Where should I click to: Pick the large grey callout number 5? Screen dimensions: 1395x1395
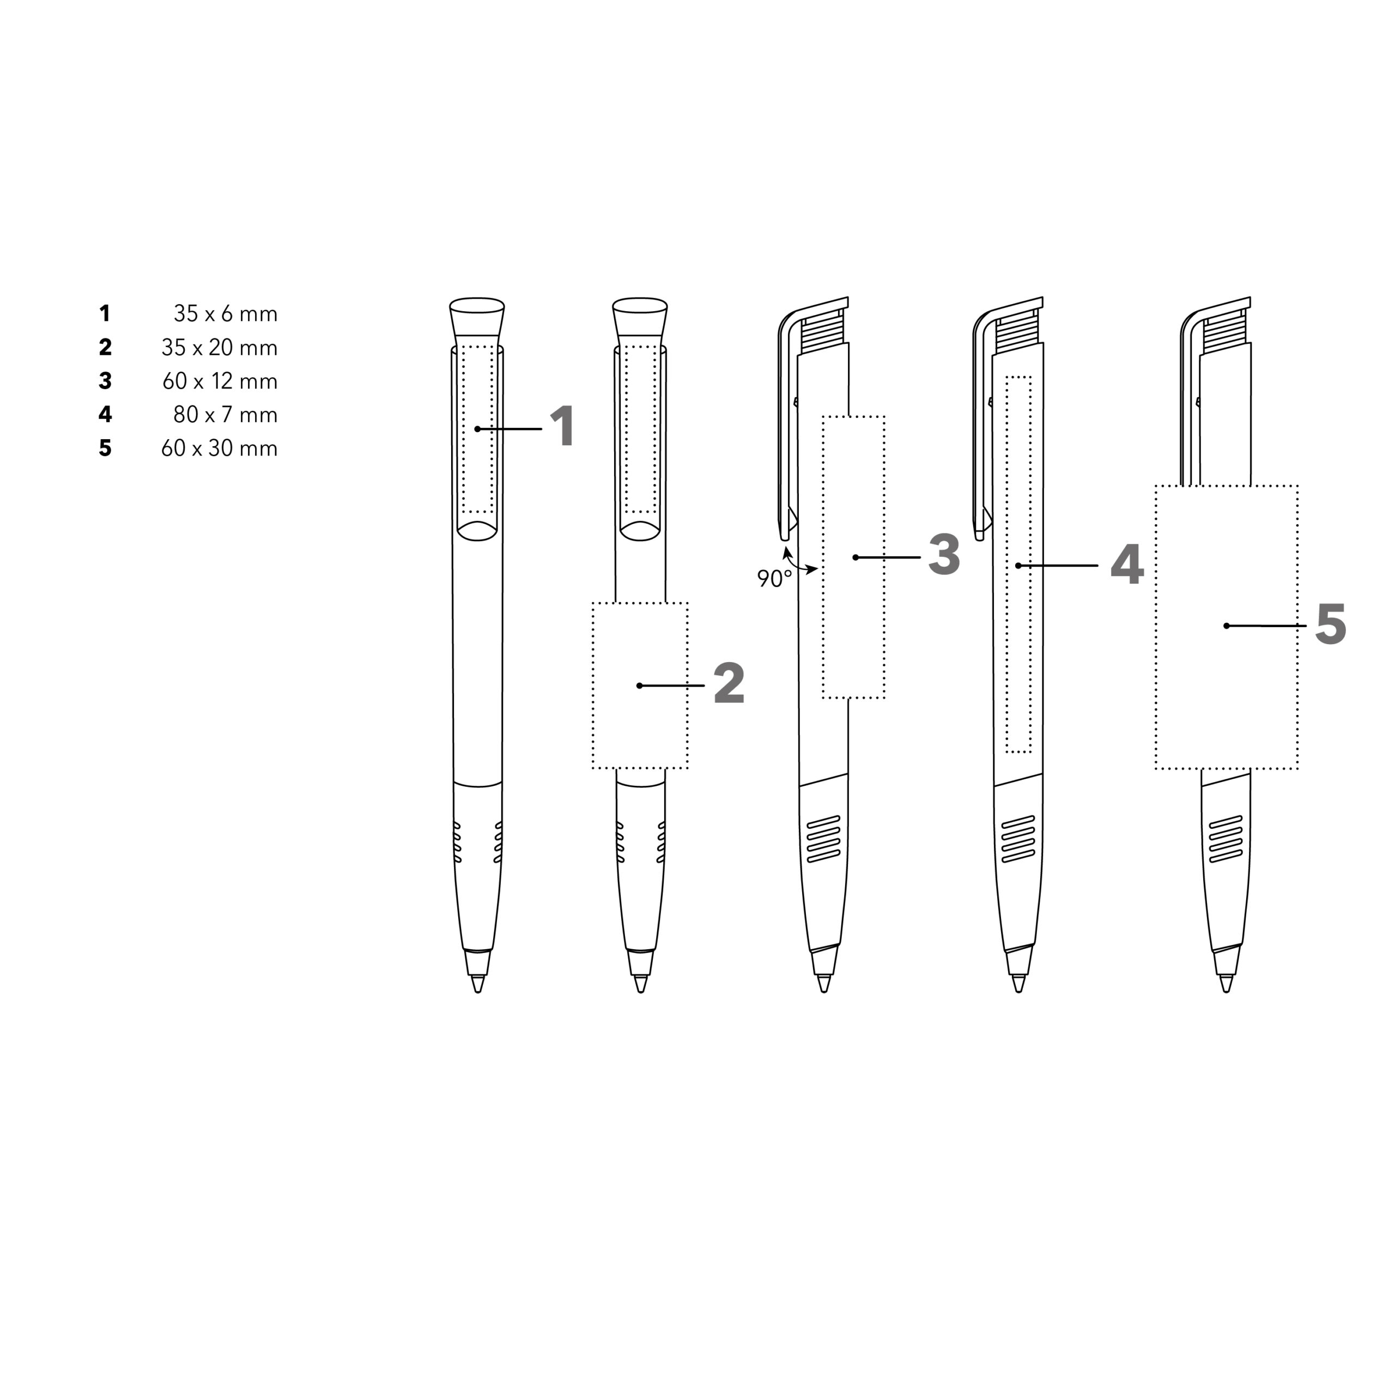[1331, 624]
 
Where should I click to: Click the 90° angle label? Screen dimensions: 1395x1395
[774, 578]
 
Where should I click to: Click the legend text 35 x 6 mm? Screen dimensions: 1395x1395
[225, 314]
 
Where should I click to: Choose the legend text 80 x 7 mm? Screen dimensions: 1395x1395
[225, 415]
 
